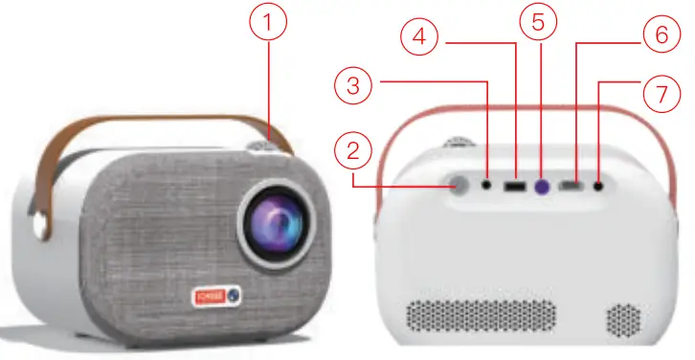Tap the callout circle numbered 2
352,151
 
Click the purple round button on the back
543,186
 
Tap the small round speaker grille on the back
623,320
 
